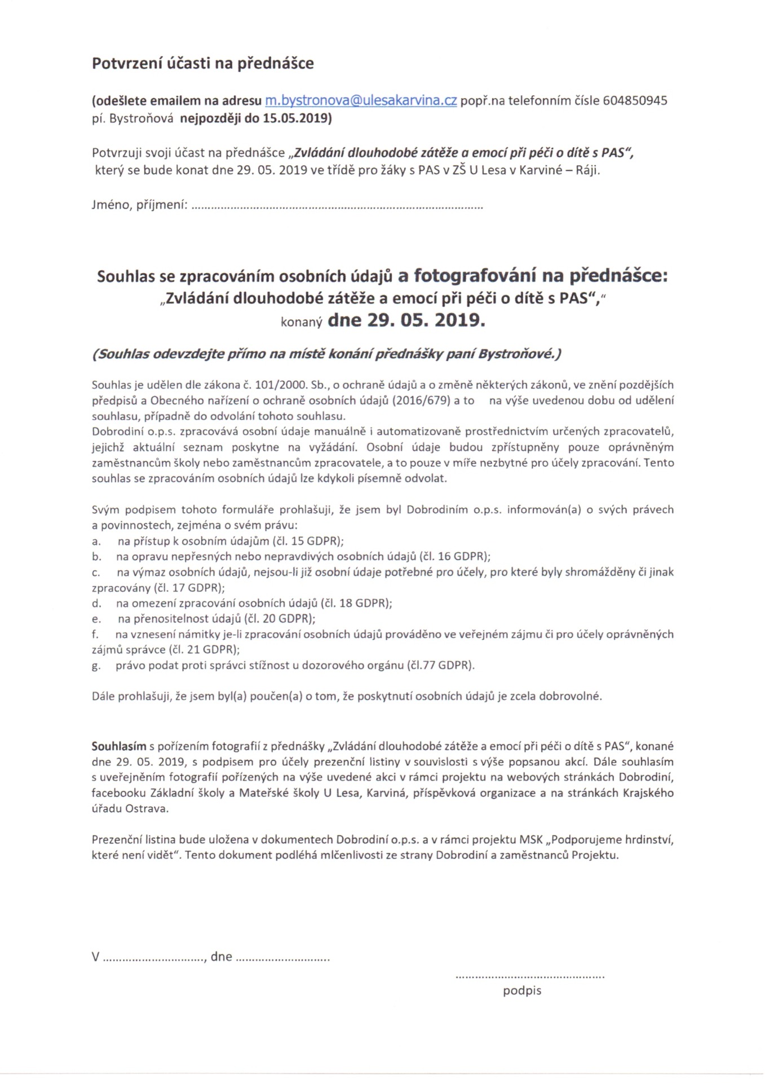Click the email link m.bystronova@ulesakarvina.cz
(361, 101)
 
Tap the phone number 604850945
(635, 101)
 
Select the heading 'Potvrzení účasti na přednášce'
(203, 63)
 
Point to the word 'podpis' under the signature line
(522, 990)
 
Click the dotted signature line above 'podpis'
(529, 976)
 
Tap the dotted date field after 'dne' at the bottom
(282, 958)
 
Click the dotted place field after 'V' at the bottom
(154, 958)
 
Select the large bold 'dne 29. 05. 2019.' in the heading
(406, 320)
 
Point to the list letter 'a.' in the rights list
(96, 541)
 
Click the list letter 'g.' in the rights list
(96, 666)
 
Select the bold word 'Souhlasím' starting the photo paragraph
(119, 746)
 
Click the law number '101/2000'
(274, 385)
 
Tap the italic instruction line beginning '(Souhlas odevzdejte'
(327, 354)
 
